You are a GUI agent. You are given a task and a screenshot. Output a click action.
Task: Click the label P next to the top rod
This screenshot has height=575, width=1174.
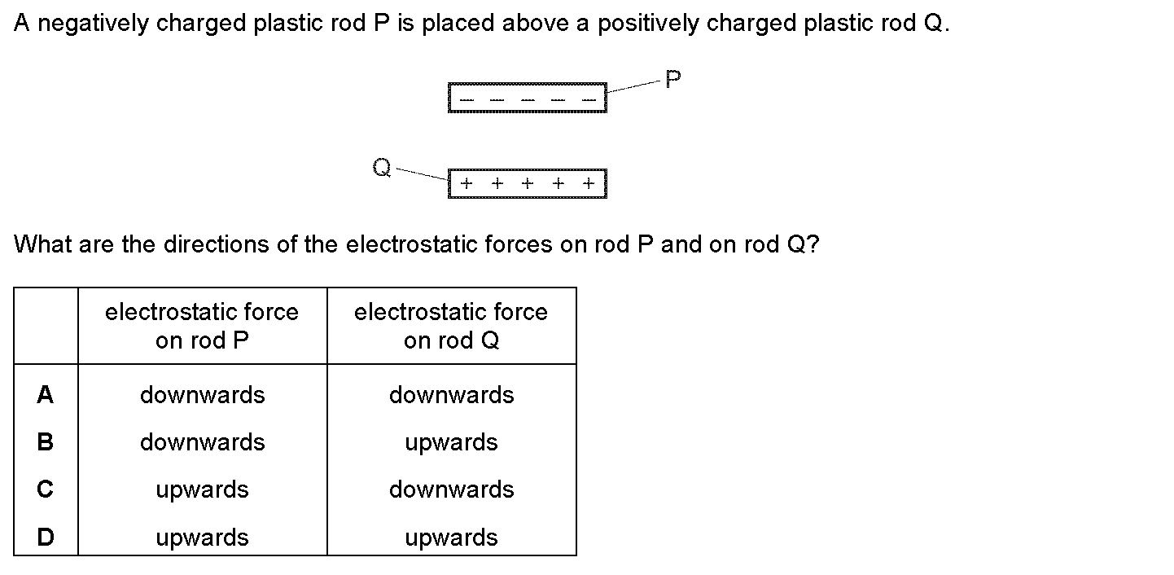click(x=673, y=80)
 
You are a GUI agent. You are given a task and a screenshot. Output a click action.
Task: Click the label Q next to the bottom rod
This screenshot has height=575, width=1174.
click(x=381, y=168)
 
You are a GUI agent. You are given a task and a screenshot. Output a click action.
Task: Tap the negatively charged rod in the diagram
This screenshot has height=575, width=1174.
click(x=527, y=98)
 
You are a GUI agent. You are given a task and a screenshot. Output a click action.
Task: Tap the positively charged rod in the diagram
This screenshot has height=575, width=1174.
click(x=527, y=183)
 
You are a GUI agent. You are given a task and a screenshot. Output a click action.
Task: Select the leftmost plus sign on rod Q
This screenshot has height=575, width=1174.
click(x=467, y=183)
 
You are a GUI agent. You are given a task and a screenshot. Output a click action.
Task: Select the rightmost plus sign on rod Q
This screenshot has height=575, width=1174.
click(x=589, y=183)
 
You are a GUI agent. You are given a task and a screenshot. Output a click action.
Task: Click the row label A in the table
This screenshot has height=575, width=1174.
click(x=46, y=396)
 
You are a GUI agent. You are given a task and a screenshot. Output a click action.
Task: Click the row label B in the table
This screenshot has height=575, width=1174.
click(x=46, y=443)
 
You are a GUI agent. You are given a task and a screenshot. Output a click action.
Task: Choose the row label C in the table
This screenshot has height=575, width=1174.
click(x=46, y=490)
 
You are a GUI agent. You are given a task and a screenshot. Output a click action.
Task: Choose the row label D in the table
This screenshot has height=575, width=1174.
click(x=46, y=538)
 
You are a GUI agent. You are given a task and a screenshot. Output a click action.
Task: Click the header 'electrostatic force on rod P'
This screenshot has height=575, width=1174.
click(x=202, y=326)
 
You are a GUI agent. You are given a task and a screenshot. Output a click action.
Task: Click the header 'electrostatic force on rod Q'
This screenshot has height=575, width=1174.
click(x=451, y=326)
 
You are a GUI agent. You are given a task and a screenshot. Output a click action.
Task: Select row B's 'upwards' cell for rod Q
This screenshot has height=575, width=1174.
click(x=451, y=443)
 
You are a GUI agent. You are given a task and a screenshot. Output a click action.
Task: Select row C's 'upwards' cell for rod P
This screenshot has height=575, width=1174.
click(x=202, y=490)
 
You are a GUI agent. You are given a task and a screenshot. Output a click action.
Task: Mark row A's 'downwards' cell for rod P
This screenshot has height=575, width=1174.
click(x=202, y=396)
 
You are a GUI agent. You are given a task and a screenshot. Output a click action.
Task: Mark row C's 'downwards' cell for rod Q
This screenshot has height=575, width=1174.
click(x=451, y=490)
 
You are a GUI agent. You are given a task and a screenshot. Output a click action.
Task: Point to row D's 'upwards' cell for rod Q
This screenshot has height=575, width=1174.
click(x=451, y=538)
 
